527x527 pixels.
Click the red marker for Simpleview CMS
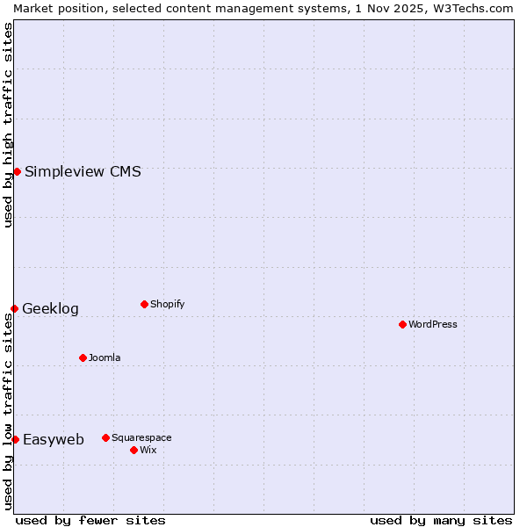17,171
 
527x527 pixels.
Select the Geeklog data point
14,308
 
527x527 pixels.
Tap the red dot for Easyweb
15,439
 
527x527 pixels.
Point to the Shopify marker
144,304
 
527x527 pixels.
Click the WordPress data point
402,324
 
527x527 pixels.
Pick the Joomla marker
83,357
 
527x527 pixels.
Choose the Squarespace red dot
105,437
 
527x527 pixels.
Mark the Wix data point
134,450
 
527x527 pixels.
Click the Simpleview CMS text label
83,171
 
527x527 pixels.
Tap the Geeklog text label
50,308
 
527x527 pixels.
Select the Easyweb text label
54,439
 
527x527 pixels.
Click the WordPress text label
433,324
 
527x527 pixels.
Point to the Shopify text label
167,304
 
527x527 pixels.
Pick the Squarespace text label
141,437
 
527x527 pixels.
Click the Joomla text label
105,357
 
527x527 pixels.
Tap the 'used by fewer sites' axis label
90,520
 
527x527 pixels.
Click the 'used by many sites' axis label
441,520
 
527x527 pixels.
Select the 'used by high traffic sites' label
8,125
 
